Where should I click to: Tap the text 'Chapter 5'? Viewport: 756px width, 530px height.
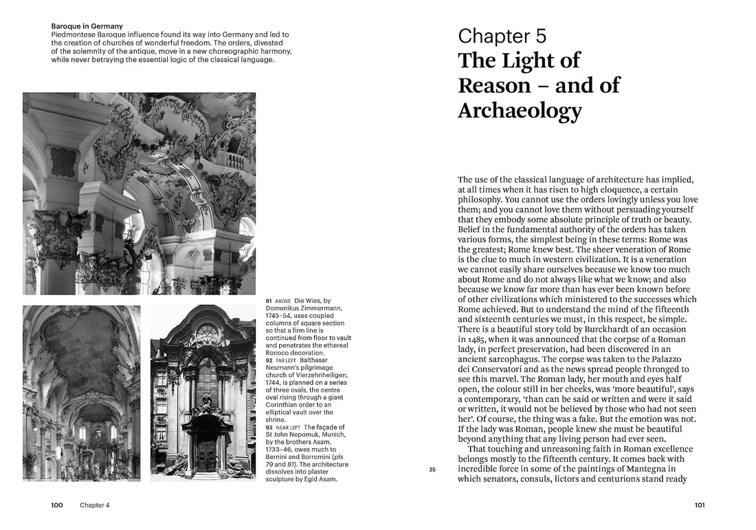click(502, 36)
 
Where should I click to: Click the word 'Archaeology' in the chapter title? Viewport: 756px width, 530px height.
click(520, 110)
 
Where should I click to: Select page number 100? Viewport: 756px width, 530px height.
click(57, 505)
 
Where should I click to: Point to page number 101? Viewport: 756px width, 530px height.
click(700, 505)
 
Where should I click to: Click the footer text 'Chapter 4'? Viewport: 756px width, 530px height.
click(94, 505)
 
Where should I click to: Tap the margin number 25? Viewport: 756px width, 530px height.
click(432, 470)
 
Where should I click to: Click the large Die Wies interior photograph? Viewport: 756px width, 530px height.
click(139, 193)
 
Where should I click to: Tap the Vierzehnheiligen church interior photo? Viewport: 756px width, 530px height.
click(81, 393)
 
